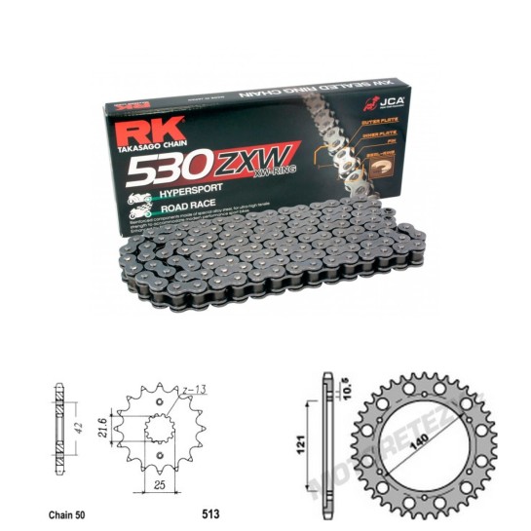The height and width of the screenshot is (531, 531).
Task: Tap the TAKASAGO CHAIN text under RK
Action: coord(145,146)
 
